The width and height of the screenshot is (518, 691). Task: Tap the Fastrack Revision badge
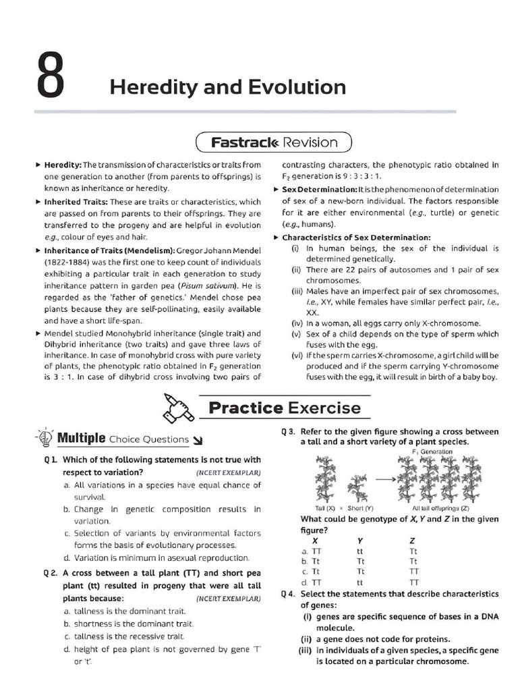273,142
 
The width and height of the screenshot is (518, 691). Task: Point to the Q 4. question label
288,595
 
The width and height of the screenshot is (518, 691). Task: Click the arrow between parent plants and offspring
384,478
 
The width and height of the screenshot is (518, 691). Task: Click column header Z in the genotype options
412,540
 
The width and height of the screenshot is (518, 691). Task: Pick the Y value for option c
360,572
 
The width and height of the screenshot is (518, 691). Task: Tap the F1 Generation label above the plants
432,451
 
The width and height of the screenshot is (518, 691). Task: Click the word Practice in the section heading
245,408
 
